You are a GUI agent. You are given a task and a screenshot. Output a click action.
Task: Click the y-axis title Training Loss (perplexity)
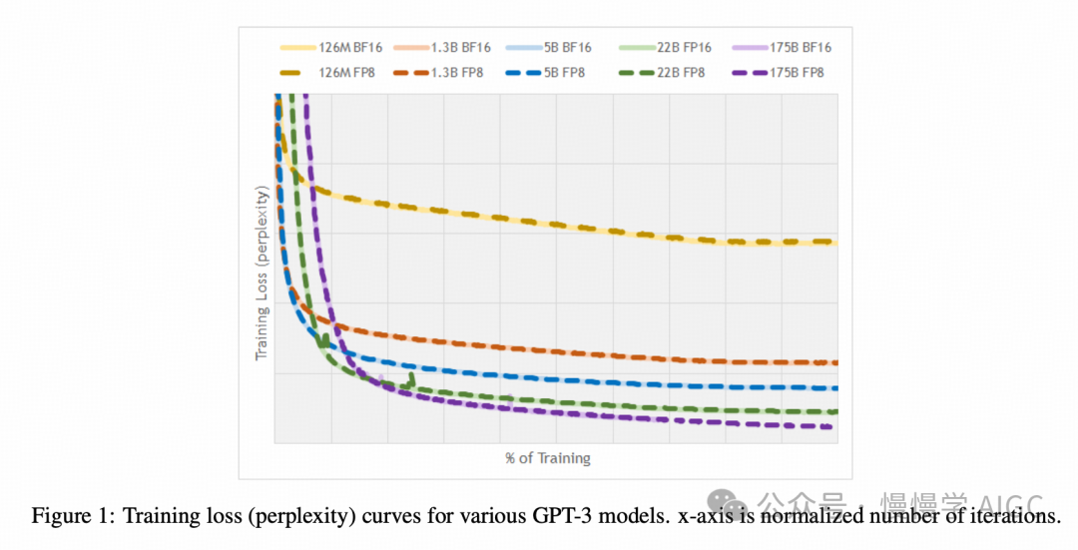pos(263,273)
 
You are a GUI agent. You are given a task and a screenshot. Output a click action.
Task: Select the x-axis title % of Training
pos(548,458)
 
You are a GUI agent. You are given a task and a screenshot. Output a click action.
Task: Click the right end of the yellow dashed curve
pos(834,243)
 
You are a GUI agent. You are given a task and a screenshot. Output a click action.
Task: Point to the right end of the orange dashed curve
pos(834,362)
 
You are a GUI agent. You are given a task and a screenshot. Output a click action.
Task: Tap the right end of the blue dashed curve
pos(834,387)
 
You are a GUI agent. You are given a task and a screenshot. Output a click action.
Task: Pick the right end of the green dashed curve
pos(834,411)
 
